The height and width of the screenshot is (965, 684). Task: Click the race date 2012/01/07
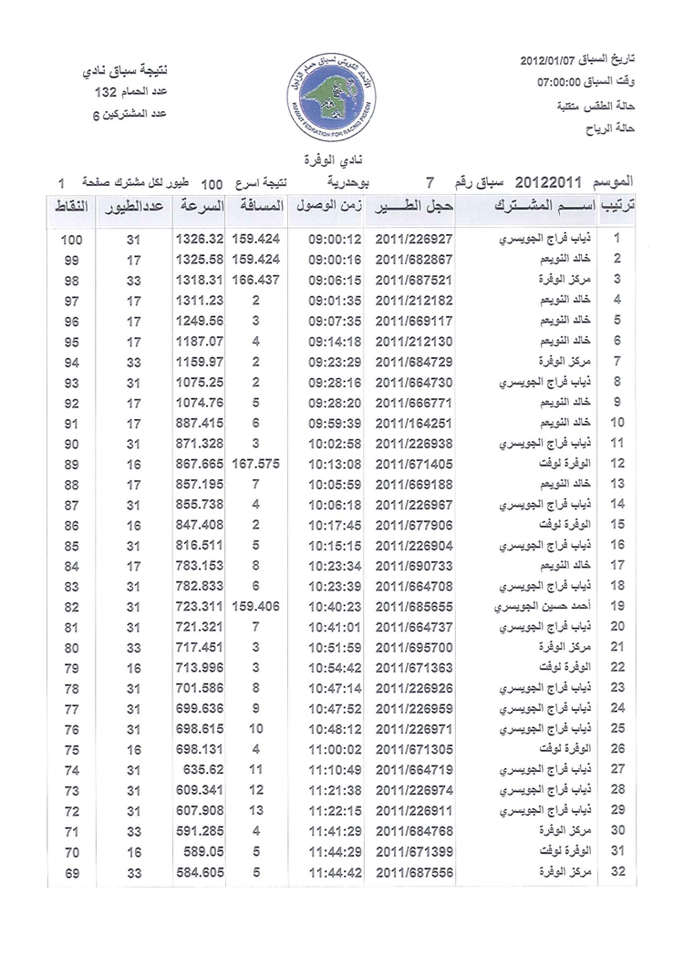pyautogui.click(x=551, y=62)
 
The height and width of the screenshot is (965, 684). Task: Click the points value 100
pyautogui.click(x=73, y=240)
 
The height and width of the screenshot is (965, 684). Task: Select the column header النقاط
pyautogui.click(x=72, y=207)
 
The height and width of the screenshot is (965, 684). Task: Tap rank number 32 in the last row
pyautogui.click(x=618, y=873)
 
